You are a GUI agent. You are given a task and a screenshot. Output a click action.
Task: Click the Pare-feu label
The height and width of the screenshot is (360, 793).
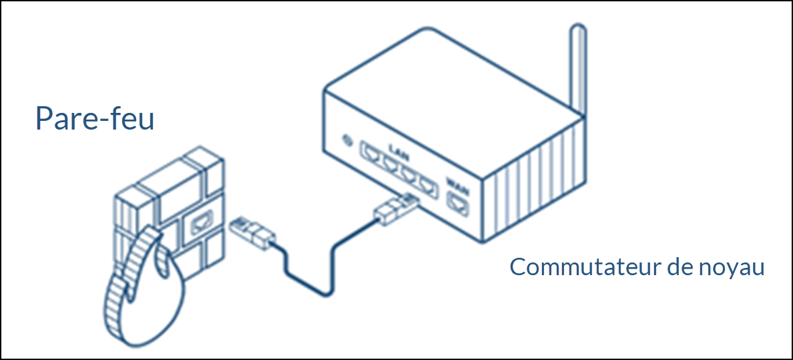tap(94, 119)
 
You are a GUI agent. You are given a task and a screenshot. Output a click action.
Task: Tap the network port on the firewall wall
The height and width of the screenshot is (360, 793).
tap(200, 226)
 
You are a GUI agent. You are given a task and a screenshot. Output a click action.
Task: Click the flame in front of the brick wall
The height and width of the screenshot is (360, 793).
tap(144, 294)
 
